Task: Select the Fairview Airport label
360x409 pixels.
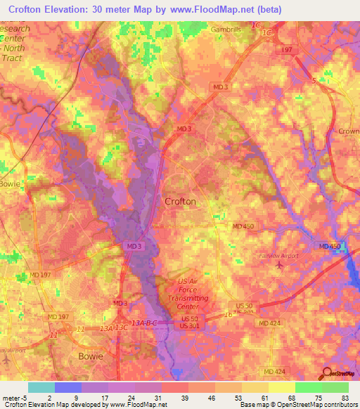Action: [278, 256]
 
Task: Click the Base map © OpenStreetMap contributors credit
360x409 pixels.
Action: [298, 404]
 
